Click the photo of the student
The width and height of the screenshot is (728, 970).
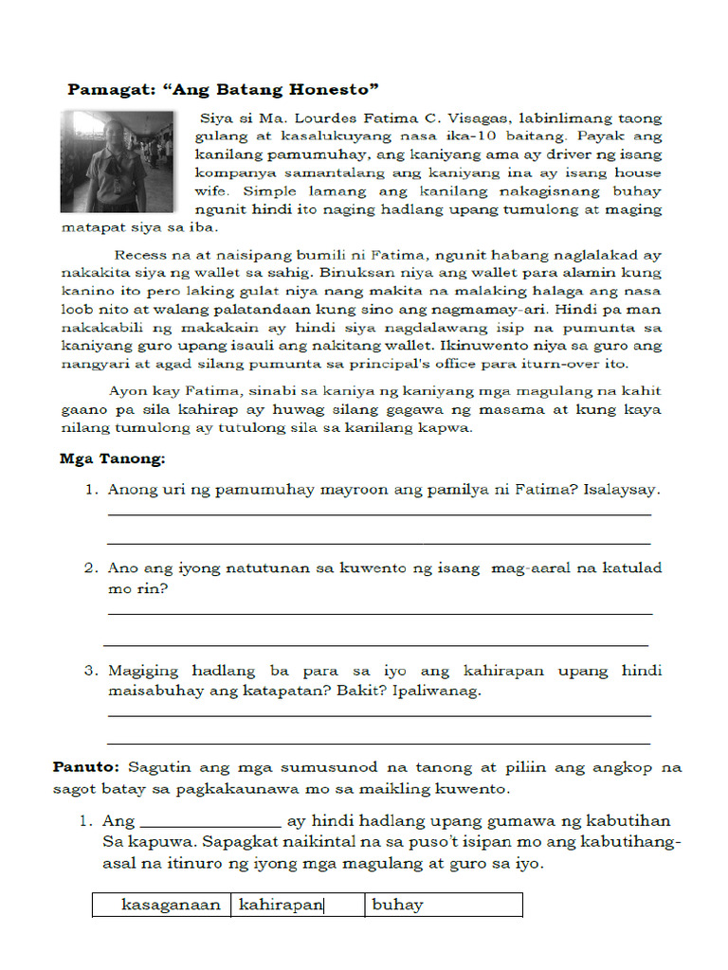(x=118, y=161)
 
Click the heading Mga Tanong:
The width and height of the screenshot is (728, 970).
(x=112, y=459)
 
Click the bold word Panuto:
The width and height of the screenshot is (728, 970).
(x=86, y=766)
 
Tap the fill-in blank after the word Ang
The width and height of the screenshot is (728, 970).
(x=209, y=821)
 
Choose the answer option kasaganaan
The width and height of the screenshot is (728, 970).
(x=171, y=905)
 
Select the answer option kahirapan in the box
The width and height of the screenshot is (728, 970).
(x=282, y=905)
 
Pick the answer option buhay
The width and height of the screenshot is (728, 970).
(x=397, y=905)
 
